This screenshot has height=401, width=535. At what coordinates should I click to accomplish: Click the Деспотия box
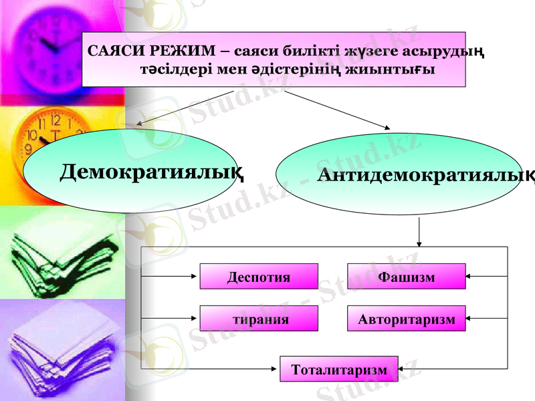[259, 277]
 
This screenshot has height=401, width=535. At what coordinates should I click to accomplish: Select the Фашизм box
[407, 277]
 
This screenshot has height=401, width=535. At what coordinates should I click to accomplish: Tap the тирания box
[259, 319]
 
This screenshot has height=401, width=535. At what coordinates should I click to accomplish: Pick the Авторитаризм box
[407, 319]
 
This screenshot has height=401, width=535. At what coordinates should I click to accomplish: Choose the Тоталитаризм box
[338, 370]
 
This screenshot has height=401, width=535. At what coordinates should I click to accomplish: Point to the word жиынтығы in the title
[395, 70]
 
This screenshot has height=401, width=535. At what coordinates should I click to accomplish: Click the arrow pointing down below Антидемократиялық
[419, 233]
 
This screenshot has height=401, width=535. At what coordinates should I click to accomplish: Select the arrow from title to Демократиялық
[184, 107]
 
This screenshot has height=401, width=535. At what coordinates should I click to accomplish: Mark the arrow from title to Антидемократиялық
[338, 109]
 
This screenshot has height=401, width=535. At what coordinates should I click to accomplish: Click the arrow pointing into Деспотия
[171, 275]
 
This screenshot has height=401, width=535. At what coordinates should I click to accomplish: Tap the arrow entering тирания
[171, 318]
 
